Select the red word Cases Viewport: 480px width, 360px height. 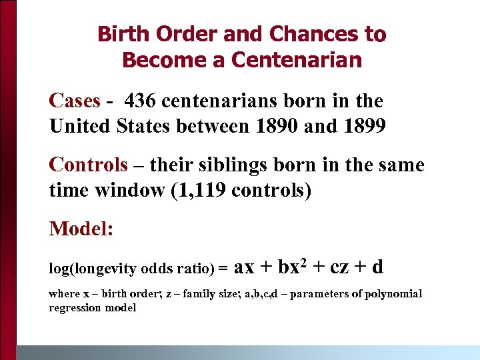(x=75, y=101)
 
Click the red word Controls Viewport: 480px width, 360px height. (x=88, y=164)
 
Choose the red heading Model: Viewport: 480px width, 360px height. (x=81, y=229)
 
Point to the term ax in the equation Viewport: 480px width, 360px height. (x=245, y=267)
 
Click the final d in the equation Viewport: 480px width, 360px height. (x=377, y=267)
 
